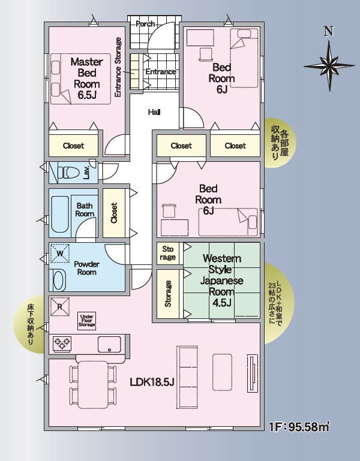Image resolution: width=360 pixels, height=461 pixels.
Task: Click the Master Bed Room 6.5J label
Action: (x=87, y=78)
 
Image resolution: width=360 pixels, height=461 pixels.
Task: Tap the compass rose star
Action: (x=329, y=65)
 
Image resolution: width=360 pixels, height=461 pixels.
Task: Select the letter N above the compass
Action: (x=329, y=31)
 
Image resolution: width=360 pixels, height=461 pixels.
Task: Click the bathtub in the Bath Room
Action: (x=60, y=215)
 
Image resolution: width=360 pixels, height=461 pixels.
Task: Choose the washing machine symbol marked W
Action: (x=60, y=253)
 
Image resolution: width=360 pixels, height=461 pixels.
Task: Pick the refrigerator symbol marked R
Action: (x=60, y=307)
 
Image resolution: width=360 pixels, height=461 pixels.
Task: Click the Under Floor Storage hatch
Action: (x=87, y=321)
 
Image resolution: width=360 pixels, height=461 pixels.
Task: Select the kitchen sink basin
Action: (x=109, y=344)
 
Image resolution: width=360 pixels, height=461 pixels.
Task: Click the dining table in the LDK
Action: (x=93, y=384)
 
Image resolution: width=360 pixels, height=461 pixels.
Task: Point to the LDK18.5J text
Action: (x=152, y=382)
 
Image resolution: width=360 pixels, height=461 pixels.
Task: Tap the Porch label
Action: (x=145, y=24)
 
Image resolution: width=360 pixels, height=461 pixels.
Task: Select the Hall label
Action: (x=154, y=112)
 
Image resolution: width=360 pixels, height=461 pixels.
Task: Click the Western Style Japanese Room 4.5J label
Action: (x=222, y=280)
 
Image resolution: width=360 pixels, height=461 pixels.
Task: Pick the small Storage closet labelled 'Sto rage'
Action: (x=168, y=254)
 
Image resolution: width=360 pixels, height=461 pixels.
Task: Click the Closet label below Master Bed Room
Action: (x=73, y=146)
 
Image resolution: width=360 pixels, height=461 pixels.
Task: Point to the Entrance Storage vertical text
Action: (x=118, y=67)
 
